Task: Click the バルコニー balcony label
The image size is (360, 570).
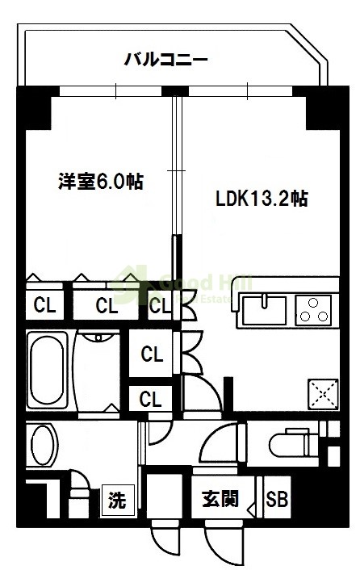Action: [x=166, y=59]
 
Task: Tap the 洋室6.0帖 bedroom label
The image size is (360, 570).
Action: [x=100, y=182]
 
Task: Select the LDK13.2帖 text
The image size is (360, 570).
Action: [x=261, y=199]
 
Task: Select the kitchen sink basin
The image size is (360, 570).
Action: [x=263, y=308]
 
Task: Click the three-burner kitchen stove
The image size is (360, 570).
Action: [x=312, y=308]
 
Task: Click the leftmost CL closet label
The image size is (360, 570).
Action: [x=44, y=306]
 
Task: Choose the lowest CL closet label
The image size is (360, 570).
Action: [x=150, y=398]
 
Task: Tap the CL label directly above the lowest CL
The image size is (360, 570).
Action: [x=150, y=354]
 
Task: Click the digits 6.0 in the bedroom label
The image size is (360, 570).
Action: [x=111, y=182]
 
